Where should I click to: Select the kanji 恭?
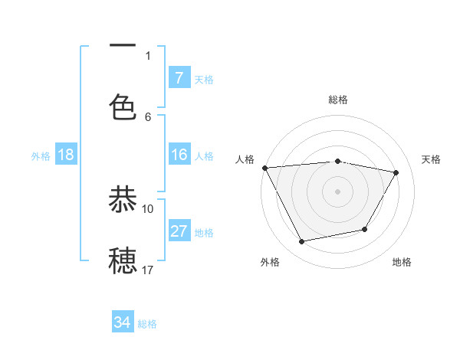point(123,199)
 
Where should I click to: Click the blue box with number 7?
point(179,78)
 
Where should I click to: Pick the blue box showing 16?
point(179,155)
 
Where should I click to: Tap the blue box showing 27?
point(179,231)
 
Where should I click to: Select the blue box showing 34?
point(123,322)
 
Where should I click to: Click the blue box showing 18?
point(66,155)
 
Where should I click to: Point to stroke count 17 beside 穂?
point(148,270)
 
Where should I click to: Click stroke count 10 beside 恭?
point(148,208)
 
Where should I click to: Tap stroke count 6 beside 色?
point(148,116)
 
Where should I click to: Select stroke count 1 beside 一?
point(148,55)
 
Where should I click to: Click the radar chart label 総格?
point(337,100)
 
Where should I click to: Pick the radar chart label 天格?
point(432,159)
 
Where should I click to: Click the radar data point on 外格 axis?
point(301,242)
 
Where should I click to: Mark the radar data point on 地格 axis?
point(365,229)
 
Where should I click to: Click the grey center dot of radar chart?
point(337,191)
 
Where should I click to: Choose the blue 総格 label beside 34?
point(147,324)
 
